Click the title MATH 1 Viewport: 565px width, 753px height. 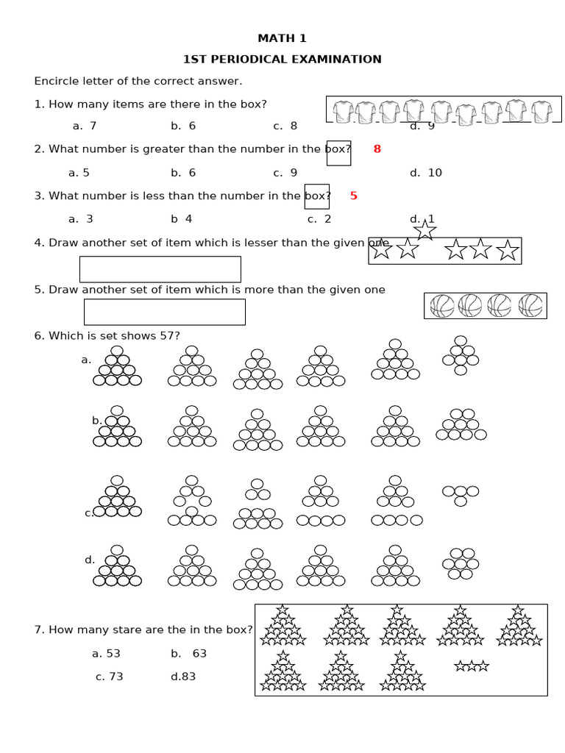point(282,38)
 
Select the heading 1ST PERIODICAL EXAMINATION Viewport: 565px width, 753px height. point(282,60)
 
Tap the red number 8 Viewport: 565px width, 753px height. point(377,149)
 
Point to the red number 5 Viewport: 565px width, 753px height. point(353,196)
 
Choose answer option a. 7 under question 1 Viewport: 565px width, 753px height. point(85,126)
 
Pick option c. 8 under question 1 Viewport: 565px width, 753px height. point(285,126)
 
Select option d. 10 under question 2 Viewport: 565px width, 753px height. point(426,173)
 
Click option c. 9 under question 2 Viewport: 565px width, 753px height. point(285,173)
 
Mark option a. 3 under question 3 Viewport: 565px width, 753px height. point(81,219)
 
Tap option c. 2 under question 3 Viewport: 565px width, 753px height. point(319,219)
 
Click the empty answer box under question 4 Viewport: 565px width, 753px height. point(160,269)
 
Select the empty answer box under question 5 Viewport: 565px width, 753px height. point(165,312)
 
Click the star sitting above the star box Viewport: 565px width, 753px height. point(425,229)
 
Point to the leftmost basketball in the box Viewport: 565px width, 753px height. point(442,306)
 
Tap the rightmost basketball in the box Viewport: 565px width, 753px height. point(530,306)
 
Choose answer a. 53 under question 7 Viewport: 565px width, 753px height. point(106,653)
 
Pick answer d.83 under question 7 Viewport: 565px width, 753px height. point(183,677)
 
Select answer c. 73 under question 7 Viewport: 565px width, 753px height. point(109,677)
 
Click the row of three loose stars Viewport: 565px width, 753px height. point(472,666)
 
